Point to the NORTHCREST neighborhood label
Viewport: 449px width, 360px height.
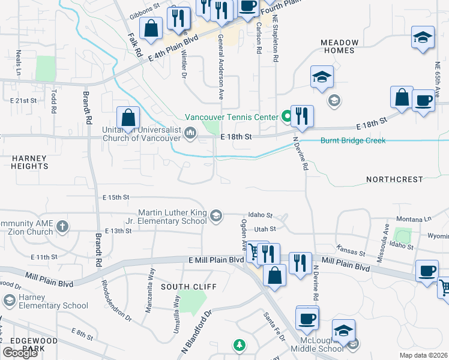(x=395, y=179)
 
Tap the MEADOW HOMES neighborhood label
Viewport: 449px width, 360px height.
(x=339, y=46)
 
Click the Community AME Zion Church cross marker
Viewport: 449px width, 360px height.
(x=62, y=227)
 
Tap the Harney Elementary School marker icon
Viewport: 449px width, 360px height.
(x=10, y=300)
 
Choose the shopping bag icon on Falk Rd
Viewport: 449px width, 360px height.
(x=151, y=27)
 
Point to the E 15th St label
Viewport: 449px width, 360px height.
(x=116, y=197)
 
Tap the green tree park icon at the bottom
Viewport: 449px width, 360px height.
(x=240, y=345)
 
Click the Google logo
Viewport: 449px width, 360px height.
(x=20, y=353)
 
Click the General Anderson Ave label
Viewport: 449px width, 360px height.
(x=220, y=67)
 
